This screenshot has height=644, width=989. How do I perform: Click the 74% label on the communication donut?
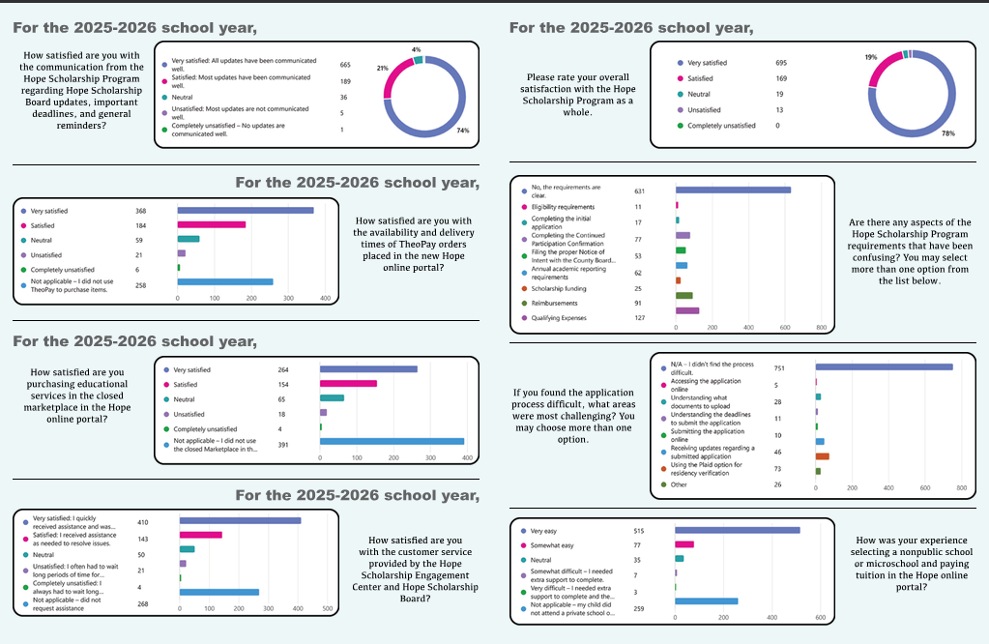coord(463,131)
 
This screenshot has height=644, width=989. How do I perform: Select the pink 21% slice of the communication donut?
coord(393,74)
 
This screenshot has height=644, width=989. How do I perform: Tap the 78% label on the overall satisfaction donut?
coord(948,133)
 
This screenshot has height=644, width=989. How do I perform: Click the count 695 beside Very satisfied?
coord(781,63)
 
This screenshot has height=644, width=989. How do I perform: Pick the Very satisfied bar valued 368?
coord(246,211)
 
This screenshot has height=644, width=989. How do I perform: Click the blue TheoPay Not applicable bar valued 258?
coord(225,282)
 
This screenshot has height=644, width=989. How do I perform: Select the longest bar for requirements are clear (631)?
coord(733,190)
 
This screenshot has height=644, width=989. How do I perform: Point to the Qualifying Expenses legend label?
coord(559,318)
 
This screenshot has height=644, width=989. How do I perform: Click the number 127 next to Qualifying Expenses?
coord(640,318)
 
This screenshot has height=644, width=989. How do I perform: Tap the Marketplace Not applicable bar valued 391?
coord(392,442)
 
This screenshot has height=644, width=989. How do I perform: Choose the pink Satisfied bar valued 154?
coord(348,384)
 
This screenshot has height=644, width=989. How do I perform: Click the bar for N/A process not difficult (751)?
coord(885,367)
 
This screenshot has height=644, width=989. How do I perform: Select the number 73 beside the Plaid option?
coord(777,469)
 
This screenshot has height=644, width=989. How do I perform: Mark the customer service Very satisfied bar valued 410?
coord(241,520)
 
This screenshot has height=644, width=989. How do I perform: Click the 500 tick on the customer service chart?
coord(328,608)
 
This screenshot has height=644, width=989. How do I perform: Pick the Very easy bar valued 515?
coord(738,531)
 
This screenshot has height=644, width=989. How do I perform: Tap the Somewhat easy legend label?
coord(552,545)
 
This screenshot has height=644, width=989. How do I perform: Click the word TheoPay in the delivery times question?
coord(419,244)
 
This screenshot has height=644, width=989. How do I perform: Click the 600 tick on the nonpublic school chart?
coord(821,618)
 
